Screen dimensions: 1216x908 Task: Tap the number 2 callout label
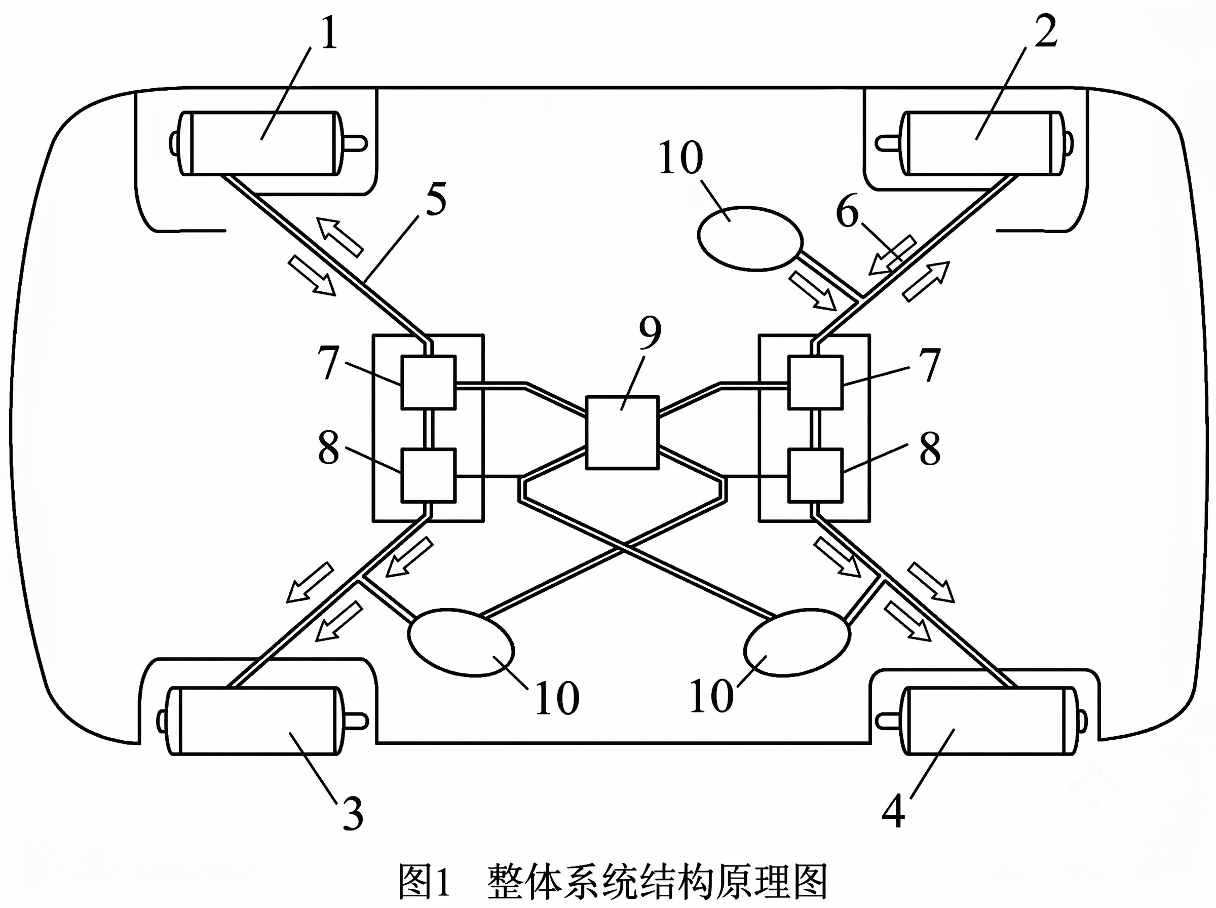coord(1045,31)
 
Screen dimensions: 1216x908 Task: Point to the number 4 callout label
coord(893,813)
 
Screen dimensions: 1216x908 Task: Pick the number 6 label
coord(847,212)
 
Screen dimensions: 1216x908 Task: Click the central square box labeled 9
coord(622,433)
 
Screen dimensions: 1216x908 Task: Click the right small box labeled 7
coord(815,383)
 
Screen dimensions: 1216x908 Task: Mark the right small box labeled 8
coord(815,475)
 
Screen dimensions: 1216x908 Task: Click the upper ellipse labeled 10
coord(750,238)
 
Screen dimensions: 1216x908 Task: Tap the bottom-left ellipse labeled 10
coord(461,642)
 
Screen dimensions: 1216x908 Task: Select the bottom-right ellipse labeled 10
coord(797,642)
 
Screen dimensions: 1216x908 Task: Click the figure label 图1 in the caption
coord(424,882)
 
